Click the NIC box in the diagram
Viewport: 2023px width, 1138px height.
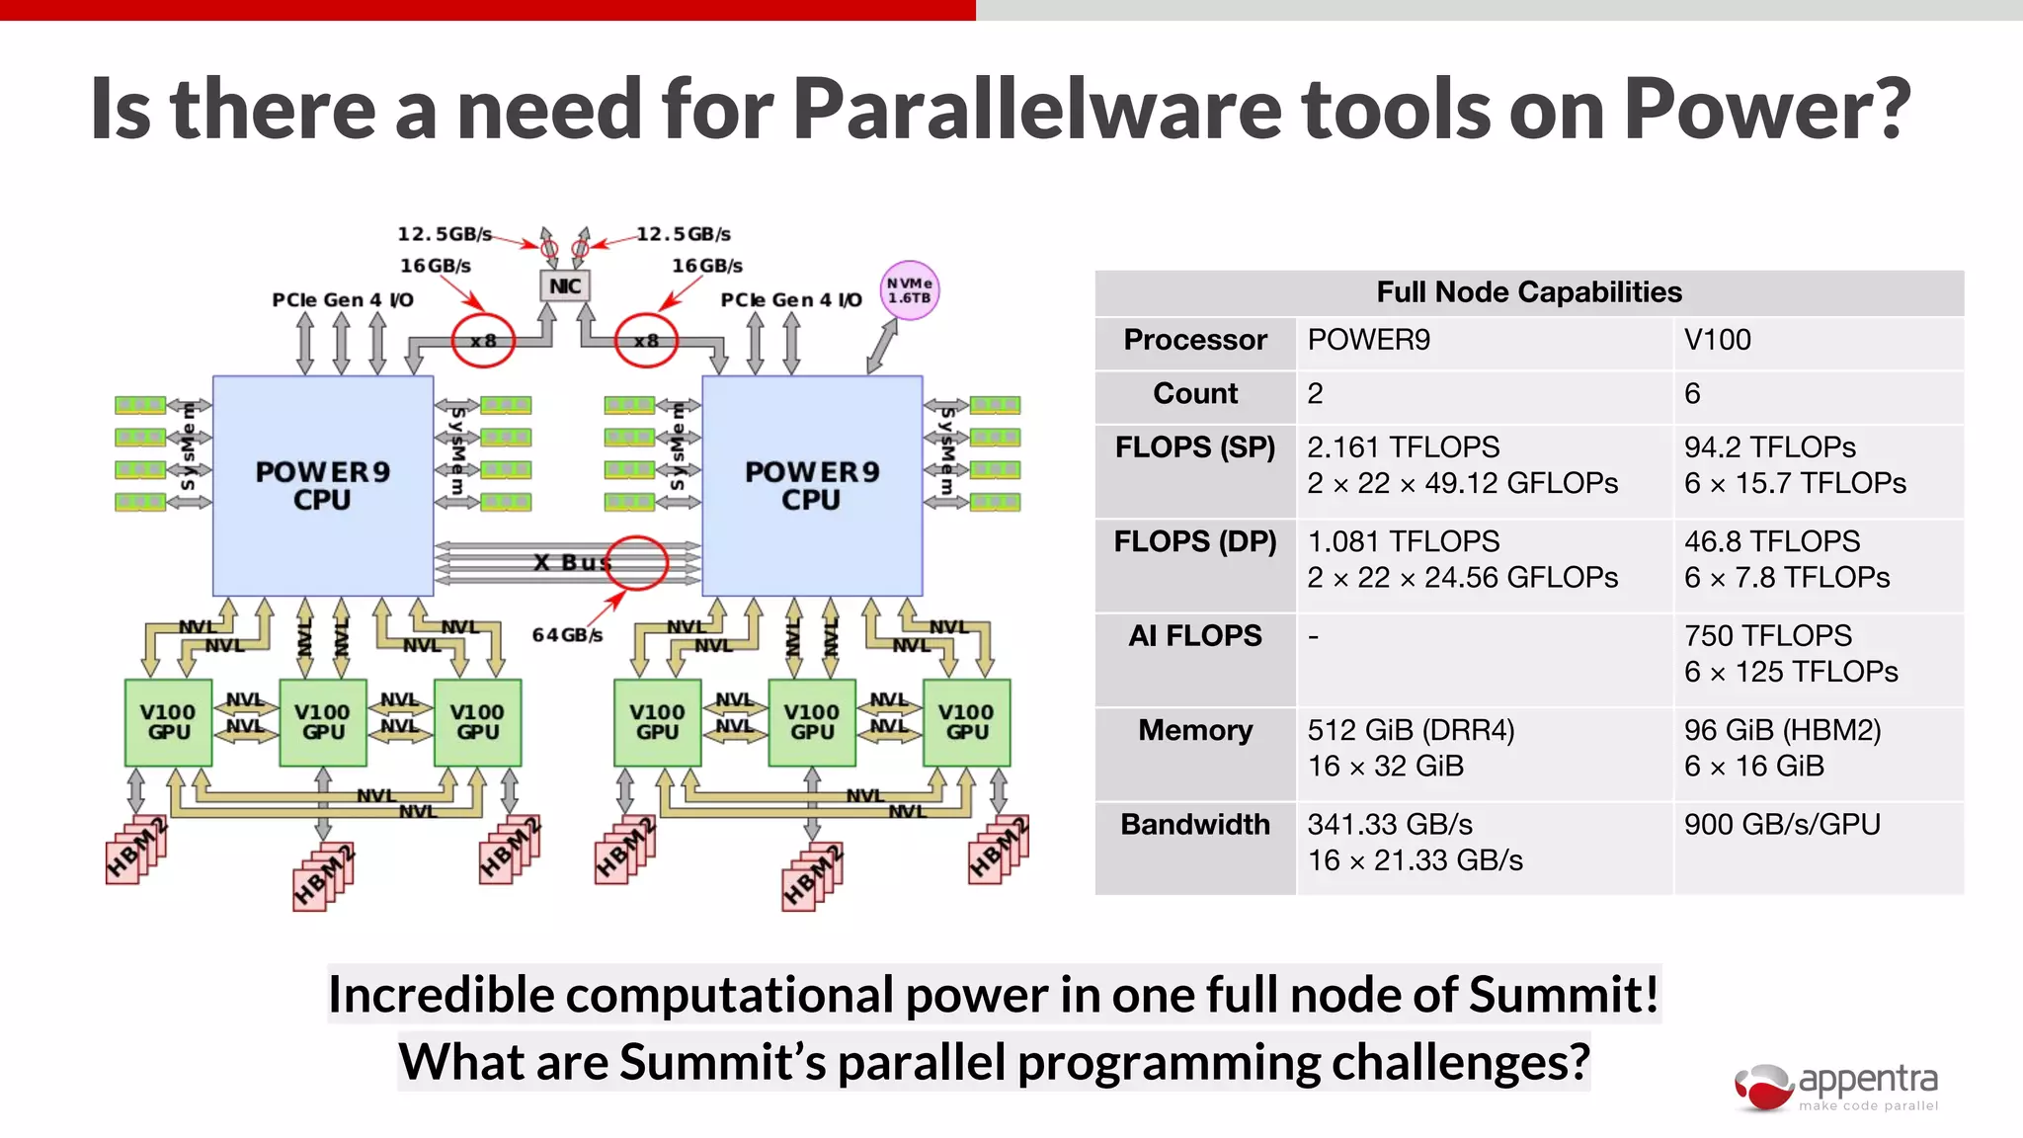pyautogui.click(x=565, y=286)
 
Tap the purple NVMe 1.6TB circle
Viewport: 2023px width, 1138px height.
pyautogui.click(x=909, y=290)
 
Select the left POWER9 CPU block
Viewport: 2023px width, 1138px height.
pyautogui.click(x=323, y=485)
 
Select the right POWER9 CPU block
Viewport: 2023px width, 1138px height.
pyautogui.click(x=812, y=485)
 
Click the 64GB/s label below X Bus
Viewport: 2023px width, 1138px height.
pyautogui.click(x=567, y=635)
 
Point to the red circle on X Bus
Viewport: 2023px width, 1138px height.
pyautogui.click(x=637, y=562)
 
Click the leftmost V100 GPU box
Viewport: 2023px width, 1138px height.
pyautogui.click(x=168, y=722)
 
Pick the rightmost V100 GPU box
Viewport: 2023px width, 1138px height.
pyautogui.click(x=966, y=722)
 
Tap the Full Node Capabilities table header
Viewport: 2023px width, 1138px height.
pyautogui.click(x=1528, y=292)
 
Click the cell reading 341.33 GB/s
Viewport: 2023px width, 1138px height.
pyautogui.click(x=1390, y=824)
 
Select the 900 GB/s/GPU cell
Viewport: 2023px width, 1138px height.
pyautogui.click(x=1782, y=824)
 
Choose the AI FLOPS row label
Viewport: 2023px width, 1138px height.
pyautogui.click(x=1195, y=636)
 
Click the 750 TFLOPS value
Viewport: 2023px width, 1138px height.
pyautogui.click(x=1768, y=636)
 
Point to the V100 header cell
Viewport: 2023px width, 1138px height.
pyautogui.click(x=1718, y=340)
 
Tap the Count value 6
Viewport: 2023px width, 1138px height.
pyautogui.click(x=1692, y=394)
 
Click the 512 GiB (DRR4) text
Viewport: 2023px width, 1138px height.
pyautogui.click(x=1411, y=730)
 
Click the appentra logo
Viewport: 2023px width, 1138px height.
pyautogui.click(x=1837, y=1087)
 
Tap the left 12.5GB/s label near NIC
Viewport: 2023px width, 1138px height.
pyautogui.click(x=445, y=234)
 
